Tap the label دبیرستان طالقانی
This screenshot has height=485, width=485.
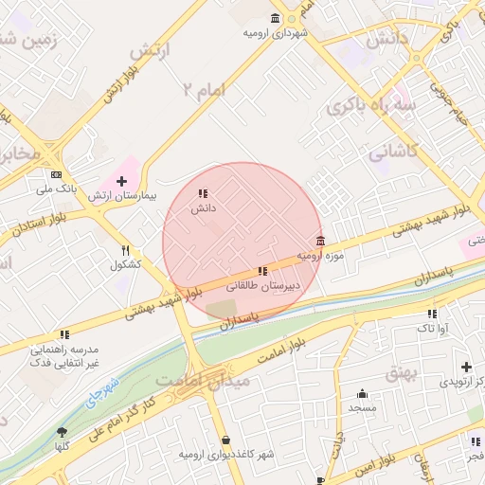pos(261,284)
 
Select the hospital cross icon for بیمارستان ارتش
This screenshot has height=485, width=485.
pos(121,181)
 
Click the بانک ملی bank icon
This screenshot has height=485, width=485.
pos(57,174)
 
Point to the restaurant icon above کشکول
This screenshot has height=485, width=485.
pos(125,250)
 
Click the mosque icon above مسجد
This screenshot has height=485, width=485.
pos(362,394)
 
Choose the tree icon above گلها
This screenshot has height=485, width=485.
pos(62,431)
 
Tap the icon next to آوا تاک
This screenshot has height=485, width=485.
pos(432,314)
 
